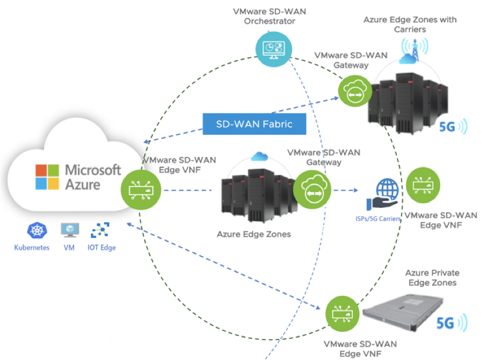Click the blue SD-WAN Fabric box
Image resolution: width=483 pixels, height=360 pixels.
254,123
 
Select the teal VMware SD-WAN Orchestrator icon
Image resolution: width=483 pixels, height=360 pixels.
271,47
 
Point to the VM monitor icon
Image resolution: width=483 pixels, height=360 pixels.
69,230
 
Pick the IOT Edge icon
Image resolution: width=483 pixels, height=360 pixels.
101,230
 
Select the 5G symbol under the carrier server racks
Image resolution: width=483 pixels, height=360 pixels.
449,127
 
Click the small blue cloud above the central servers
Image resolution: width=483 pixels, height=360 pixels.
259,156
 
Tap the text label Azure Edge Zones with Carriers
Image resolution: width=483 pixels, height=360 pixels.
410,24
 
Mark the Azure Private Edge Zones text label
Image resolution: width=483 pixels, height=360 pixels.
431,278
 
